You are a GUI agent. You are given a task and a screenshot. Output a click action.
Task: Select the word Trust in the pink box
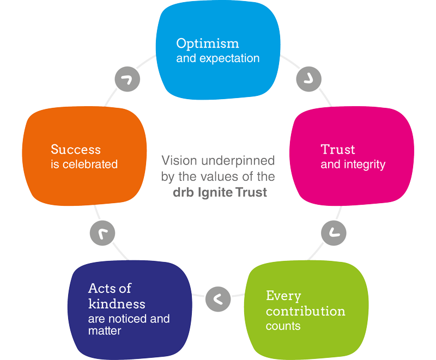pyautogui.click(x=338, y=149)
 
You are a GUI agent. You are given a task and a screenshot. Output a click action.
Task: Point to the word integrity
pyautogui.click(x=366, y=164)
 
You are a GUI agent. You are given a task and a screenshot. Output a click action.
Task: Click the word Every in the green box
pyautogui.click(x=283, y=296)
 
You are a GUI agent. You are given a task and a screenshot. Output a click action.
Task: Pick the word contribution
pyautogui.click(x=305, y=312)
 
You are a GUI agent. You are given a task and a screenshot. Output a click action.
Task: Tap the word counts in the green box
pyautogui.click(x=283, y=326)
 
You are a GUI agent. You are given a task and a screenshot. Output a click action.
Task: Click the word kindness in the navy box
pyautogui.click(x=117, y=303)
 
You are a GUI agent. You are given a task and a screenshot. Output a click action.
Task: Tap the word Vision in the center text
pyautogui.click(x=178, y=161)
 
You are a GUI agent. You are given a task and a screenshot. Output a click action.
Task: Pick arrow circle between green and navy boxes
pyautogui.click(x=217, y=298)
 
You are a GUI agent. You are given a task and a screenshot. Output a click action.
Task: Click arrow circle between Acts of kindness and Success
pyautogui.click(x=102, y=233)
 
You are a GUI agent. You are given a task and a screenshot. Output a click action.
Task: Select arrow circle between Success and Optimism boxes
pyautogui.click(x=127, y=80)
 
